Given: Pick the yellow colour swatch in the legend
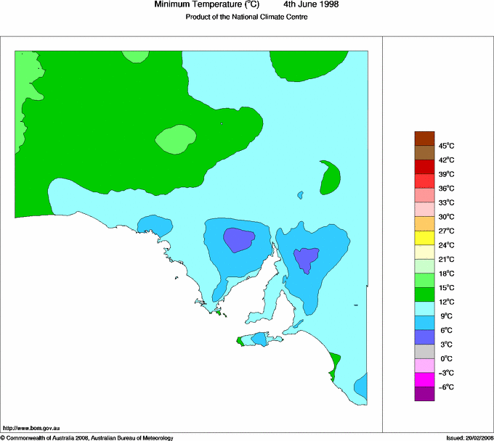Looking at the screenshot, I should pos(424,238).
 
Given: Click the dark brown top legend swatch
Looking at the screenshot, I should pos(424,138).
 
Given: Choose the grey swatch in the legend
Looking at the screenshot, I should pos(424,351).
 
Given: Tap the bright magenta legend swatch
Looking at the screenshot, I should pos(424,379).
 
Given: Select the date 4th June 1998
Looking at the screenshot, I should pos(310,5).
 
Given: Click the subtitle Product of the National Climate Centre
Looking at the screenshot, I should pos(247,17).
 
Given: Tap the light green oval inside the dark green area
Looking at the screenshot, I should pos(176,139).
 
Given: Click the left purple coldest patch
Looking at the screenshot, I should pos(239,239).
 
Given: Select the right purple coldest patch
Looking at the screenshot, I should pos(307,258).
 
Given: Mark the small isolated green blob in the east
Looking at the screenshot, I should pos(331,178).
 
